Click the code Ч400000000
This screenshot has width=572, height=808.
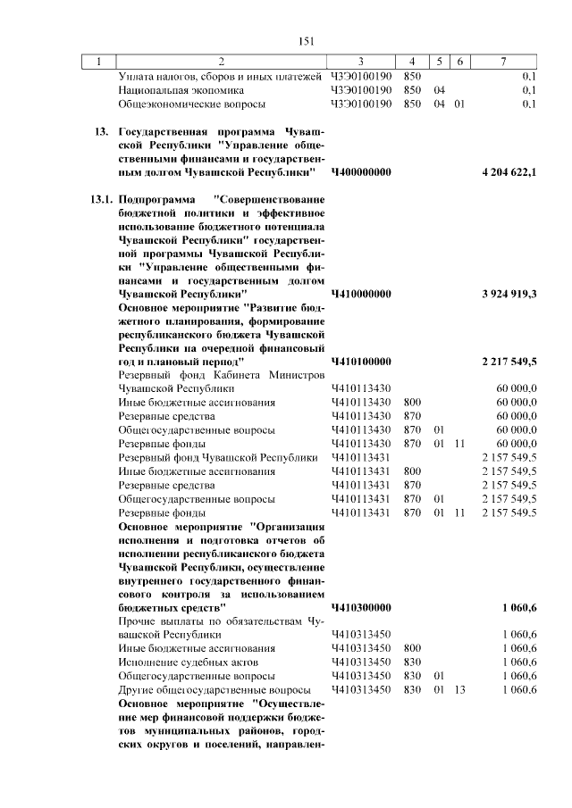pos(361,171)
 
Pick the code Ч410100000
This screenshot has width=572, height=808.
pos(361,362)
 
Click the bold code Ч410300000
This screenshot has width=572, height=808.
pos(361,607)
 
